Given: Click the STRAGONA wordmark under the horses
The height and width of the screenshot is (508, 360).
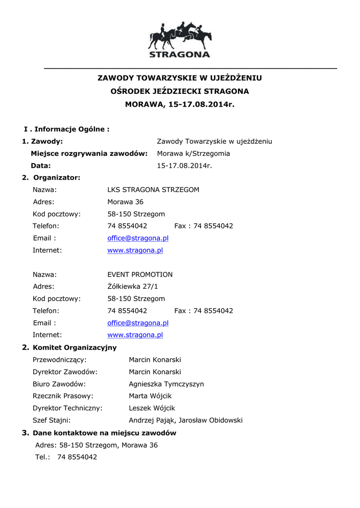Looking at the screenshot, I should tap(180, 54).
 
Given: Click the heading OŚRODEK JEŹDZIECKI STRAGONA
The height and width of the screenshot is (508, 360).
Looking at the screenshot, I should tap(179, 91).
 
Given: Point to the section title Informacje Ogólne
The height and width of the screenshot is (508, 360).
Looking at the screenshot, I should tap(72, 129).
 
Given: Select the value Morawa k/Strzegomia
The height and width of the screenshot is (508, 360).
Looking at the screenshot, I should tap(193, 153).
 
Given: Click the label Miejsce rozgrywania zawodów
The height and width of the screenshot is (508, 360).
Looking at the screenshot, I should tap(89, 153).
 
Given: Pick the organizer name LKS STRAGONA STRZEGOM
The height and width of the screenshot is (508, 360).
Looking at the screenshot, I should tap(153, 190).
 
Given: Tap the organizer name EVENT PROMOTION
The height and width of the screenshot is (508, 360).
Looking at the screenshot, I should tap(140, 274).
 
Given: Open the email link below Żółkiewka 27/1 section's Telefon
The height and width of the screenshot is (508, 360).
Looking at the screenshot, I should tap(138, 323).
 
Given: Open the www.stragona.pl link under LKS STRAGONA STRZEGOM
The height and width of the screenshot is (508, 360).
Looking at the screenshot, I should tap(135, 251).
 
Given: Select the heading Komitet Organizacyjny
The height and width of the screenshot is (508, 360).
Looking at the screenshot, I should tap(74, 347).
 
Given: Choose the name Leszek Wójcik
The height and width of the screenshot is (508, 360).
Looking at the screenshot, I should tap(152, 408).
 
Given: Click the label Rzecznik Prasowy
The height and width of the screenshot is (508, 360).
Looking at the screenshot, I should tap(63, 396).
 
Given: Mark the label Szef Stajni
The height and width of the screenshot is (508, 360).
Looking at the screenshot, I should tap(52, 420).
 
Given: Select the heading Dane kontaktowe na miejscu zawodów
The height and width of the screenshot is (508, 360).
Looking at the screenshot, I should tap(104, 433).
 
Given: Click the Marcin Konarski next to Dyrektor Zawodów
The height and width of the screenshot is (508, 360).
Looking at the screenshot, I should tap(155, 372).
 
